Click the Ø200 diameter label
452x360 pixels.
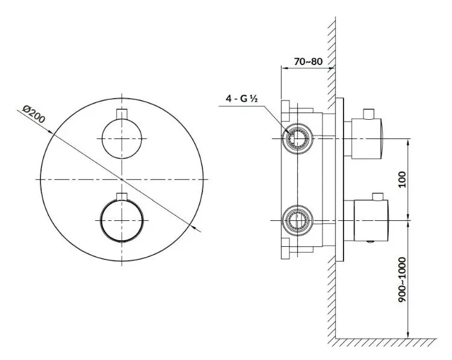[34, 114]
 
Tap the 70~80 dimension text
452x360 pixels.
[308, 61]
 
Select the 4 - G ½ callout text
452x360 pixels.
[242, 99]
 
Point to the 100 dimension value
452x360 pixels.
[402, 179]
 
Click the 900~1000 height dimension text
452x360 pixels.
[402, 280]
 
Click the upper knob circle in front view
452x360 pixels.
[122, 138]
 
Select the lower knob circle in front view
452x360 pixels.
[122, 220]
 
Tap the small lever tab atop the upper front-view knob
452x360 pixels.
[122, 114]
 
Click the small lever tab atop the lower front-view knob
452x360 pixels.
[122, 196]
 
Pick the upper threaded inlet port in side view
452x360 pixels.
[298, 138]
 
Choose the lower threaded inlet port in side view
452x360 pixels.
[298, 220]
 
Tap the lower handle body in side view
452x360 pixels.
[371, 220]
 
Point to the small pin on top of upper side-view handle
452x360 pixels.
[369, 114]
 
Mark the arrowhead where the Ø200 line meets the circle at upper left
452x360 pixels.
[50, 132]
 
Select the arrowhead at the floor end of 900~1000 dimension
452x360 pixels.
[407, 335]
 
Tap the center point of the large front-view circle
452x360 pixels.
[122, 179]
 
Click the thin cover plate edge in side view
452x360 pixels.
[339, 180]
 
